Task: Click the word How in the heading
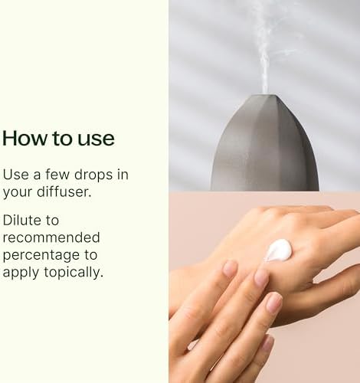pos(25,138)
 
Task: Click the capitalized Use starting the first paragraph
pos(15,175)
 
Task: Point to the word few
pos(57,175)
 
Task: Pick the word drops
pos(93,176)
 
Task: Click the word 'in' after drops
pos(123,175)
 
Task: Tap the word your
pos(18,192)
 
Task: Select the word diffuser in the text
pos(64,191)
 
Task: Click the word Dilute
pos(22,220)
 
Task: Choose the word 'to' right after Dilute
pos(52,221)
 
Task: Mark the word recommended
pos(51,237)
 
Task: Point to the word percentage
pos(41,256)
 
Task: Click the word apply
pos(21,273)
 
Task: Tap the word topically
pos(74,273)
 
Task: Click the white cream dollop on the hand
pos(278,250)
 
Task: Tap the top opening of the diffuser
pos(265,96)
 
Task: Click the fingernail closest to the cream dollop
pos(261,277)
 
